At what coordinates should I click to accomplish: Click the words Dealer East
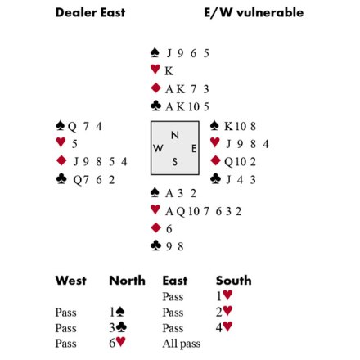tap(90, 12)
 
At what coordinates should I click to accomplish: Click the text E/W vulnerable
tap(254, 12)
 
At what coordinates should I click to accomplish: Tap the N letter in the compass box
tap(175, 135)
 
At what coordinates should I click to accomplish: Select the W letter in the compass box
tap(158, 149)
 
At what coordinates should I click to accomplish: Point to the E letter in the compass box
tap(194, 149)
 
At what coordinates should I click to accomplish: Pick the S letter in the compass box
tap(174, 162)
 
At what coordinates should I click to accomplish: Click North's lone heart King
tap(169, 71)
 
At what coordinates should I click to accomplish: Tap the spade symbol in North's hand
tap(155, 52)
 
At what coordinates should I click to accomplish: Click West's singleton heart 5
tap(74, 144)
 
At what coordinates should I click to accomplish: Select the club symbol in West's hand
tap(61, 179)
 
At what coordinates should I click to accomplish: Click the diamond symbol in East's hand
tap(215, 160)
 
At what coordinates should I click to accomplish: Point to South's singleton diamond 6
tap(169, 229)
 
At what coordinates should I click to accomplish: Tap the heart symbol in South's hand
tap(155, 209)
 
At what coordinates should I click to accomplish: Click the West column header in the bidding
tap(71, 281)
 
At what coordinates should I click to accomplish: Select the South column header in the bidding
tap(234, 281)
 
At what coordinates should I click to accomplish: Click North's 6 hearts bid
tap(117, 342)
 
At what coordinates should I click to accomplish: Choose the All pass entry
tap(182, 344)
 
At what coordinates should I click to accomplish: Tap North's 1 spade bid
tap(117, 312)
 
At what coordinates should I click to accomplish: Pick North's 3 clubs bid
tap(118, 327)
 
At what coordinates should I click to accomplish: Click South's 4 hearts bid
tap(224, 327)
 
